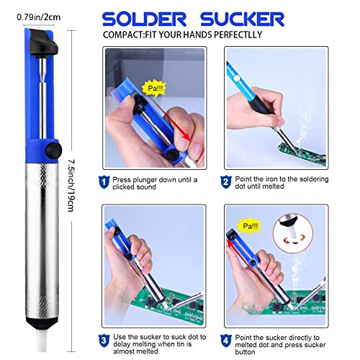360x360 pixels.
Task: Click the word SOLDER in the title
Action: [x=144, y=19]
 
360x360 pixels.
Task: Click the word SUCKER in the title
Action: [x=243, y=19]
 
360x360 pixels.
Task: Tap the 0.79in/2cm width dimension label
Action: [x=39, y=17]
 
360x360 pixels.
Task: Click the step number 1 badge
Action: [x=104, y=182]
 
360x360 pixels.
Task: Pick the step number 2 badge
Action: [x=226, y=182]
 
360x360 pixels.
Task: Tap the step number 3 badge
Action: [x=104, y=341]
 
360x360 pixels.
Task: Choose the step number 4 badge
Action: [x=226, y=341]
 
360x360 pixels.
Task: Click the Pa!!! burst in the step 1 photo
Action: [x=155, y=89]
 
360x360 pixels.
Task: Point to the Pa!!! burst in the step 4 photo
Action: [x=250, y=226]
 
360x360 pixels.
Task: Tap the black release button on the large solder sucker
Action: [x=54, y=150]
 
